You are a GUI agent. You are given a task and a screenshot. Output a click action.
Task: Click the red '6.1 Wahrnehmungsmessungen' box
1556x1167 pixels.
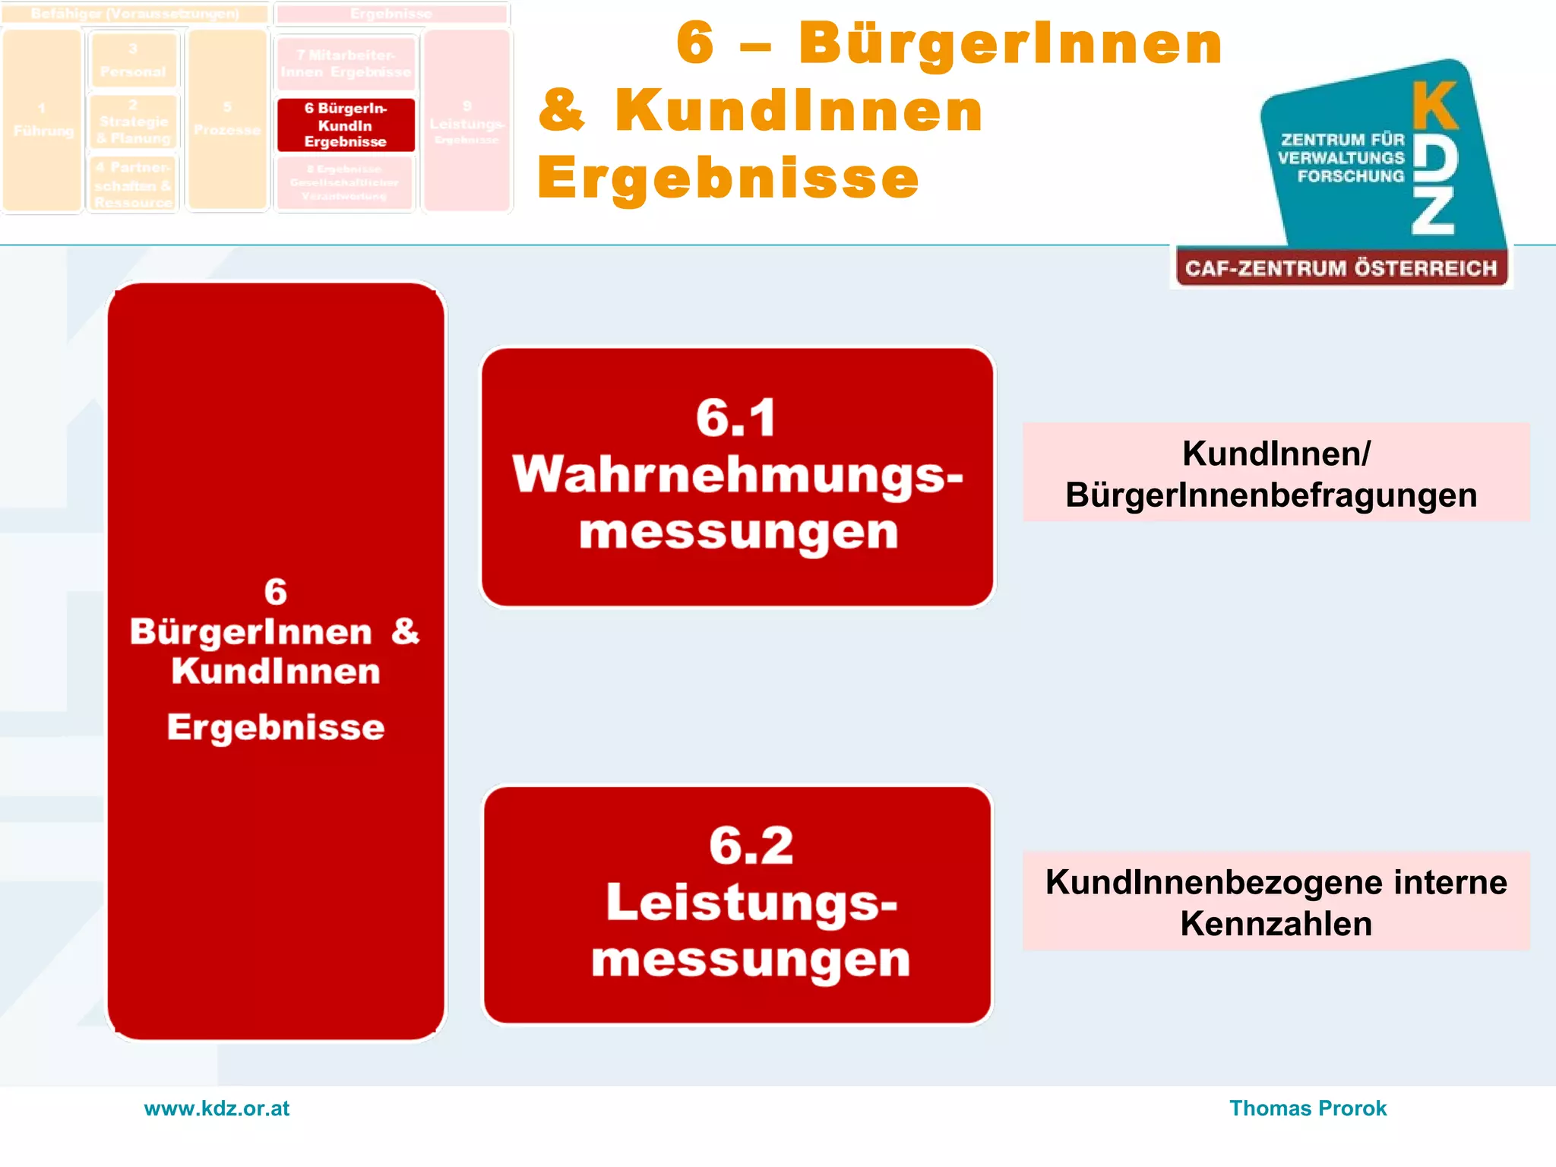coord(737,476)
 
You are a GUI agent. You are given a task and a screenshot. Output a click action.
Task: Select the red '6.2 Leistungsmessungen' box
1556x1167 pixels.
coord(737,905)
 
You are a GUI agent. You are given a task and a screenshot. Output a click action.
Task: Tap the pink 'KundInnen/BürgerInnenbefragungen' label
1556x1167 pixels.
coord(1276,473)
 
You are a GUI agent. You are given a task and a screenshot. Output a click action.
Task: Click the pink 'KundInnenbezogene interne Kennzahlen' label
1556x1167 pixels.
coord(1276,902)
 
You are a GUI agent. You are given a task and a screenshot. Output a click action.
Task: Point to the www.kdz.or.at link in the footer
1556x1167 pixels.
coord(217,1108)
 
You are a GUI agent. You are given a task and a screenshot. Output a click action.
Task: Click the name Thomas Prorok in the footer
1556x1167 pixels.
coord(1308,1108)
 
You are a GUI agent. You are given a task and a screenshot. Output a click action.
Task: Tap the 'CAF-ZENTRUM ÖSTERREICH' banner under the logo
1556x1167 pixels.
coord(1341,268)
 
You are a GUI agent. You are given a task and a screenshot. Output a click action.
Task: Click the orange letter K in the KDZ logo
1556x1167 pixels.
coord(1434,107)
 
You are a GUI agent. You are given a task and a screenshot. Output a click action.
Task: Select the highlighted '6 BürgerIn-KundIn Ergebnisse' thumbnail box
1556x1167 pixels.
coord(346,125)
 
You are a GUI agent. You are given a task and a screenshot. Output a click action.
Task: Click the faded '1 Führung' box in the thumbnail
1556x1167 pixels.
coord(43,120)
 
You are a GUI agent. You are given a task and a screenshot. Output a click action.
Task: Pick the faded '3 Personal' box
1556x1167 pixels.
coord(133,60)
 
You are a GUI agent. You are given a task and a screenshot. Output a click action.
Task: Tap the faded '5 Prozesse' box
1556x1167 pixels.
coord(227,120)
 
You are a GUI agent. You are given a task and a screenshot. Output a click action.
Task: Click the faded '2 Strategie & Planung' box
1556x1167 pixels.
coord(133,122)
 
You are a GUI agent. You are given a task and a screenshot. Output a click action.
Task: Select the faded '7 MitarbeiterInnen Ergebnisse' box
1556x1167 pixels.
coord(346,64)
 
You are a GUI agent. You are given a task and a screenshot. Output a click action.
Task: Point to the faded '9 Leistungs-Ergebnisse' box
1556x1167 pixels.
coord(466,122)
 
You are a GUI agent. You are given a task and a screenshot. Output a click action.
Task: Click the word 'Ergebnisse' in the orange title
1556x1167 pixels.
coord(728,178)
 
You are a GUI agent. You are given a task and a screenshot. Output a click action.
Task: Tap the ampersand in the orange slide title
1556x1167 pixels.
coord(562,111)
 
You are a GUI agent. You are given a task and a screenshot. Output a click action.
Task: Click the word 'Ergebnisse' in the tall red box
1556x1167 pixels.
coord(276,727)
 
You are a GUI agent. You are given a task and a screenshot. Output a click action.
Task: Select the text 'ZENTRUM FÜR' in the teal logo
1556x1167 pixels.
coord(1343,140)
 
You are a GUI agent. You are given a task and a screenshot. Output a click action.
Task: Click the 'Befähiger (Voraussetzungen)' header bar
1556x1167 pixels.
coord(135,14)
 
